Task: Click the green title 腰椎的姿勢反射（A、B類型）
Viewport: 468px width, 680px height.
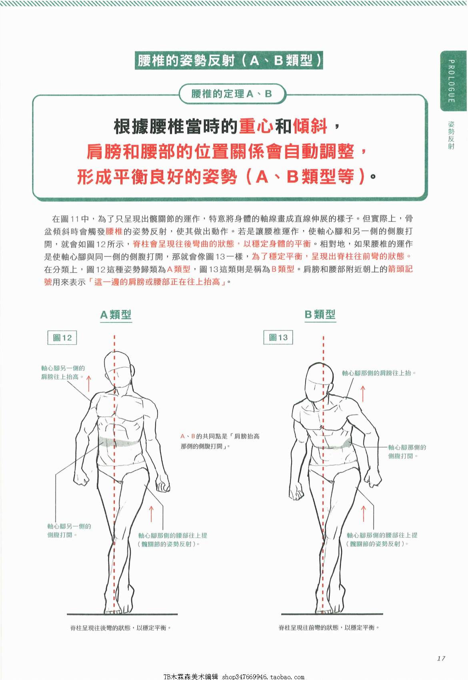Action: (x=229, y=60)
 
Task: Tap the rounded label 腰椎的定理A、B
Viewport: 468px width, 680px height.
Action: (x=232, y=94)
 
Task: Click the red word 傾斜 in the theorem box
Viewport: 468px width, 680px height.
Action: (x=310, y=126)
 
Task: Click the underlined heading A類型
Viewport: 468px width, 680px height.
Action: (x=116, y=315)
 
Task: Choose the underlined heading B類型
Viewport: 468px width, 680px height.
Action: (x=320, y=314)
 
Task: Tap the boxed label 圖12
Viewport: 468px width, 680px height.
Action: (x=62, y=338)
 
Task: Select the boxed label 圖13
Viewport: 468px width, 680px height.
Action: (x=278, y=337)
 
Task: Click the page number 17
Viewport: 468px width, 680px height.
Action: (x=441, y=658)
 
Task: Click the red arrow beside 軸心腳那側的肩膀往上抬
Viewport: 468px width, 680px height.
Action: (x=363, y=394)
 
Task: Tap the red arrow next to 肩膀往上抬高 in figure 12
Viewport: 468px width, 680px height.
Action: (x=89, y=384)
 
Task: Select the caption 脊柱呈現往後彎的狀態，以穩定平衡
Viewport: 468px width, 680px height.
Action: (x=120, y=628)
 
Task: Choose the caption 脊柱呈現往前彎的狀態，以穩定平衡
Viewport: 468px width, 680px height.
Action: (x=329, y=628)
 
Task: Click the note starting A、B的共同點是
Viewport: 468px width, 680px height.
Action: (x=220, y=441)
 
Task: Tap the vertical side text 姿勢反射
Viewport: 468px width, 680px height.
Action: (x=451, y=135)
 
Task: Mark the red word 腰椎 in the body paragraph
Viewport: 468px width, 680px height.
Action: (x=114, y=232)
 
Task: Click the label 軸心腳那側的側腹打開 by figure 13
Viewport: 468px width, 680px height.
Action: (x=407, y=452)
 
